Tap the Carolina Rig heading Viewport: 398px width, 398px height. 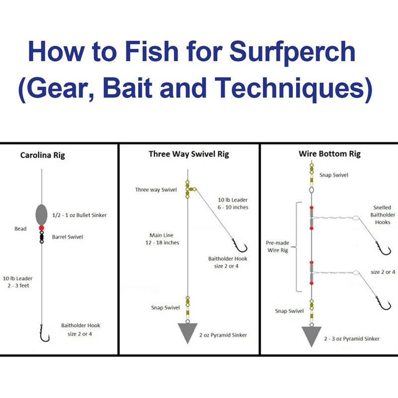pyautogui.click(x=42, y=155)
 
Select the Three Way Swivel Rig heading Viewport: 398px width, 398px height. pyautogui.click(x=189, y=154)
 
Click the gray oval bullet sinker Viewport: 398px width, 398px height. pyautogui.click(x=42, y=214)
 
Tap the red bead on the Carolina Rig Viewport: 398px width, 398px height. pyautogui.click(x=42, y=228)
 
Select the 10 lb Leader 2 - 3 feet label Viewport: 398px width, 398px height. pyautogui.click(x=17, y=282)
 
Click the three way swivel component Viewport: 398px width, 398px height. pyautogui.click(x=189, y=190)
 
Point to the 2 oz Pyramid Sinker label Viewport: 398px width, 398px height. pyautogui.click(x=223, y=335)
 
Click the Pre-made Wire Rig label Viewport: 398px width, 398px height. pyautogui.click(x=278, y=247)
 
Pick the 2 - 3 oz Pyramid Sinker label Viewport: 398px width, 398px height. pyautogui.click(x=351, y=338)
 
